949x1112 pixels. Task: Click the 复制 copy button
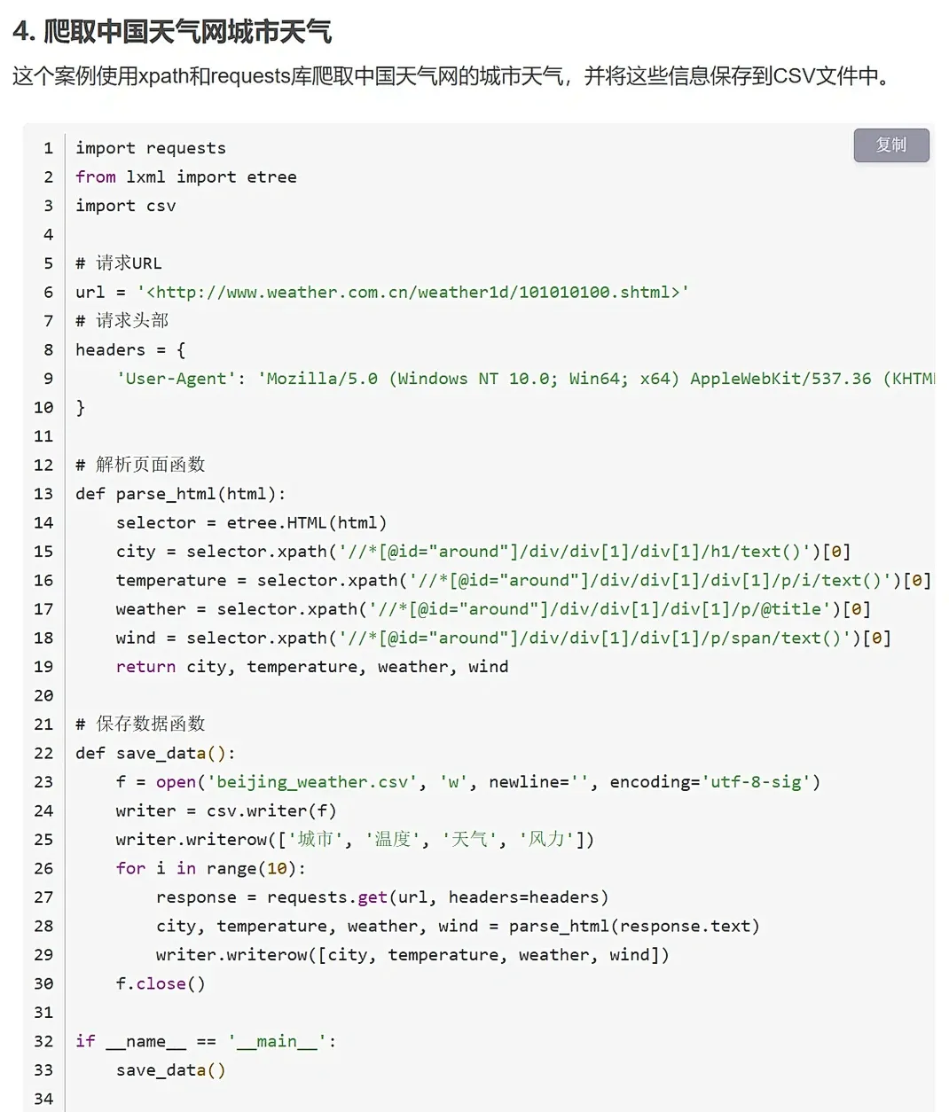pos(890,145)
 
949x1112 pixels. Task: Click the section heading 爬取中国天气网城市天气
pos(187,33)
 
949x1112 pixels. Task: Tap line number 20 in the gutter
pos(43,695)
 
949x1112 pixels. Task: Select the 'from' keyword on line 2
pos(96,176)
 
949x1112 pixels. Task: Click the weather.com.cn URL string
pos(412,292)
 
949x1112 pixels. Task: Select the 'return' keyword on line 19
pos(145,667)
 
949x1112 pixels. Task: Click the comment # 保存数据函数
pos(140,724)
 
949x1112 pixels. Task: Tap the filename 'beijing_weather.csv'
pos(311,782)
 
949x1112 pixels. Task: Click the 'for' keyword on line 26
pos(130,868)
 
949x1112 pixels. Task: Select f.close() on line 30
pos(161,983)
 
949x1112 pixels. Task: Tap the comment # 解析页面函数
pos(140,465)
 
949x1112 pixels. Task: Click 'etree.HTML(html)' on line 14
pos(307,522)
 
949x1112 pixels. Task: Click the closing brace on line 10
pos(81,408)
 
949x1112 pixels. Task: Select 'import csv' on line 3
pos(126,206)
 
